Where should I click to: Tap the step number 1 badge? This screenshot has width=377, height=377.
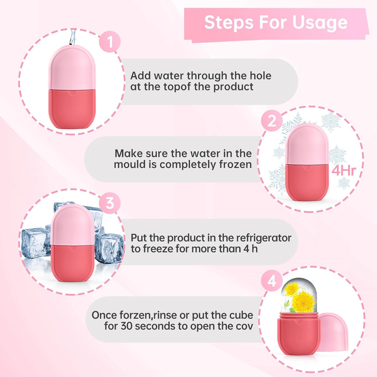(110, 42)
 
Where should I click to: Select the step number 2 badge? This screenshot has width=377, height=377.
(272, 121)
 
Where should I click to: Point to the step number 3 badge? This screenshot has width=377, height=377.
(110, 203)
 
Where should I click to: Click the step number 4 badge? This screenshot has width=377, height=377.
(272, 281)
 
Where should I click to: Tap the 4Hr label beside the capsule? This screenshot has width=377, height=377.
(344, 171)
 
